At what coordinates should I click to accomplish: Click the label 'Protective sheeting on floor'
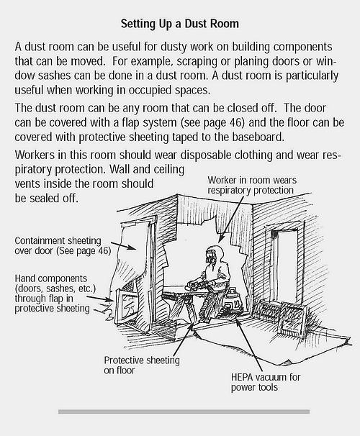[x=142, y=365]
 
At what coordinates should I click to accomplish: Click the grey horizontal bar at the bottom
[x=184, y=412]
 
